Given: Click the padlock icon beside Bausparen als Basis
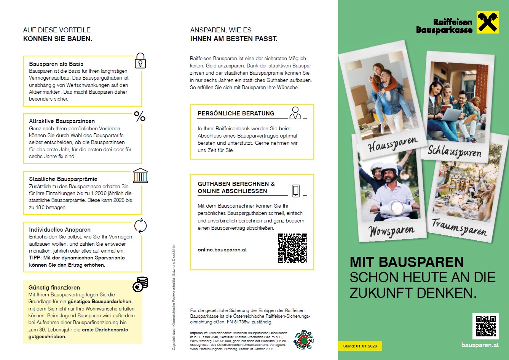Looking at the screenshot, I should point(140,61).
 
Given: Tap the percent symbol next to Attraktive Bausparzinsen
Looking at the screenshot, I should point(140,117).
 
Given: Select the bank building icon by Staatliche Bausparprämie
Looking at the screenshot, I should point(140,176).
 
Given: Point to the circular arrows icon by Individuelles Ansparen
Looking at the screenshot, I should point(140,226).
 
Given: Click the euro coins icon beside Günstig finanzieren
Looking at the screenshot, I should point(140,284).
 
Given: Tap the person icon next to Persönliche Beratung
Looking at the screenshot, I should point(295,113).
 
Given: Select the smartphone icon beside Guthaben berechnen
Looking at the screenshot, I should point(295,191).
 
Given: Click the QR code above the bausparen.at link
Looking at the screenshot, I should point(485,326).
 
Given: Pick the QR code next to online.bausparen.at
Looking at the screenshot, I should point(292,248).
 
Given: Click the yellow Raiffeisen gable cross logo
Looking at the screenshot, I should point(488,22).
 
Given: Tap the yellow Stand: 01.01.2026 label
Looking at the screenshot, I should point(360,346).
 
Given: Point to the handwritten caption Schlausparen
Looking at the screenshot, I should point(454,151).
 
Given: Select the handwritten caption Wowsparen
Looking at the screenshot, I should point(391,231).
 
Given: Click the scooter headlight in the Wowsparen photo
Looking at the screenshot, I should point(397,208).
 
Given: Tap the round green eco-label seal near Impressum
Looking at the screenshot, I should point(303,340).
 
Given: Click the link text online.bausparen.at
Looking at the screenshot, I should point(222,250).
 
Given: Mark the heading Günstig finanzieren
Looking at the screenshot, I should point(54,288).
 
